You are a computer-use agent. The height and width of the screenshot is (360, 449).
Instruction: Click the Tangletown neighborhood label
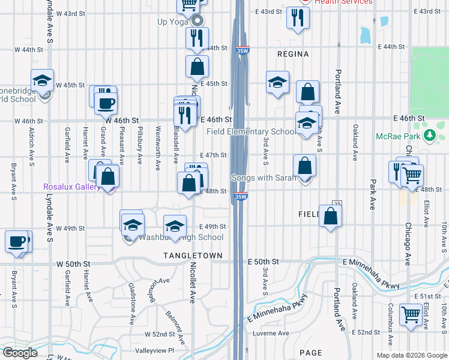pos(193,256)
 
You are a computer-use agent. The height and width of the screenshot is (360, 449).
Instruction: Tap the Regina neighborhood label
pos(293,54)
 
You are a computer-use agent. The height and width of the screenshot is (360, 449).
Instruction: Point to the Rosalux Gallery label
pos(71,187)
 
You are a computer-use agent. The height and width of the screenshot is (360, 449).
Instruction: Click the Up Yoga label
pos(173,22)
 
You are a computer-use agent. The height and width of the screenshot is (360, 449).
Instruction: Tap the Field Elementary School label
pos(250,131)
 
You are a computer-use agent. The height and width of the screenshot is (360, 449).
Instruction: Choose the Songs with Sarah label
pos(264,178)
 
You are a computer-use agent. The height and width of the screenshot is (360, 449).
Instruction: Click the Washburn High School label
pos(181,237)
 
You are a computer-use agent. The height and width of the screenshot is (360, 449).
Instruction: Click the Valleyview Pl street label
pos(154,350)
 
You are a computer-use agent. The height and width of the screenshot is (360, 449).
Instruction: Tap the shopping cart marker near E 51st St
pos(411,314)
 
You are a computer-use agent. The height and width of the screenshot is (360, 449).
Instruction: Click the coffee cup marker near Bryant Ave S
pos(16,242)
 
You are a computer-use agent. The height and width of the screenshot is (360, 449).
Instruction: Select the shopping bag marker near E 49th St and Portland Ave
pos(330,216)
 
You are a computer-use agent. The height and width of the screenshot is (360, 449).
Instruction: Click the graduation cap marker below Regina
pos(278,83)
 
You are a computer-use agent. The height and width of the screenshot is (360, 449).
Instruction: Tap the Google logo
pos(20,352)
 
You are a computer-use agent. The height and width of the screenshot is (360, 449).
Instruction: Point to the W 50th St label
pos(73,264)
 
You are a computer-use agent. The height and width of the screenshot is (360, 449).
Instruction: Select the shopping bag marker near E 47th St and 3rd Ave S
pos(305,165)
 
